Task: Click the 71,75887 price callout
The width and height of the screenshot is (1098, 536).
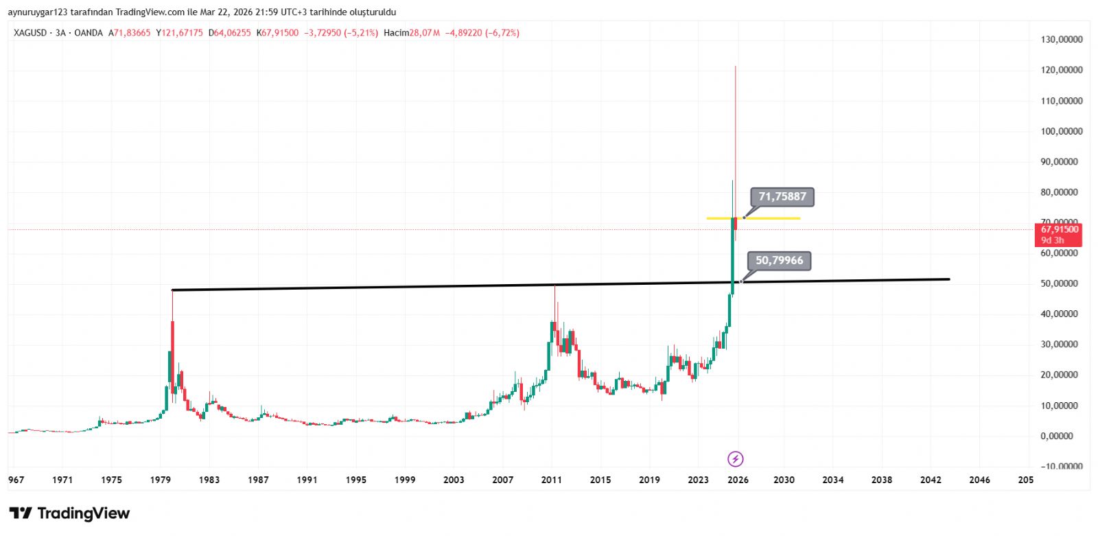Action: pos(782,197)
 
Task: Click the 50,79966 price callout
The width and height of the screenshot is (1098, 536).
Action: pos(779,261)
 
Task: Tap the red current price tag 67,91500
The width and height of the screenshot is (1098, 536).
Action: pos(1059,234)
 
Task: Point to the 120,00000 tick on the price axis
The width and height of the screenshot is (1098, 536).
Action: pos(1061,70)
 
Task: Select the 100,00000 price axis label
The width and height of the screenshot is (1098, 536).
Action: pos(1061,131)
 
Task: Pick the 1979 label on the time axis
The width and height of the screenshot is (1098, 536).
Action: pos(161,480)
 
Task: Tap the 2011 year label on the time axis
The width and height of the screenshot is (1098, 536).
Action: pos(551,480)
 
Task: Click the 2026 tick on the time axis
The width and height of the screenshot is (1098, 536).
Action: pos(738,480)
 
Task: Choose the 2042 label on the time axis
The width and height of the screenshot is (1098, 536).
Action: pos(931,480)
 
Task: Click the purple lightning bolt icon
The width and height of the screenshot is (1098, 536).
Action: pos(735,459)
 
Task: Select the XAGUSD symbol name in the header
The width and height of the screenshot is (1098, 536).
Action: pos(30,33)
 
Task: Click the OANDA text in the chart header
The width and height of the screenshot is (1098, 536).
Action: pos(89,33)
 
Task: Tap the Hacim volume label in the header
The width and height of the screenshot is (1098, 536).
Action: pos(396,33)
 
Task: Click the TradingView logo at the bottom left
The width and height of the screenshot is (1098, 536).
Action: pos(69,513)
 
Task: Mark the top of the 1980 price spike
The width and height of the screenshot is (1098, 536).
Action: pos(172,291)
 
